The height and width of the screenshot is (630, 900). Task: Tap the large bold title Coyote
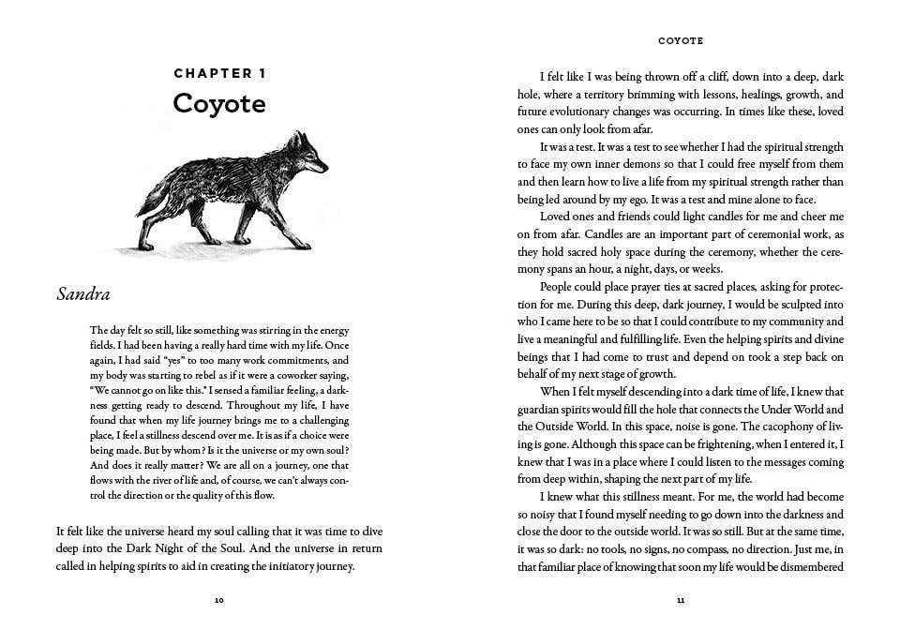[x=219, y=103]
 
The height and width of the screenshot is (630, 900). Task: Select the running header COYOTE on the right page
[x=681, y=41]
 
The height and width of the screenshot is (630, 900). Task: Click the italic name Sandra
[x=83, y=294]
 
